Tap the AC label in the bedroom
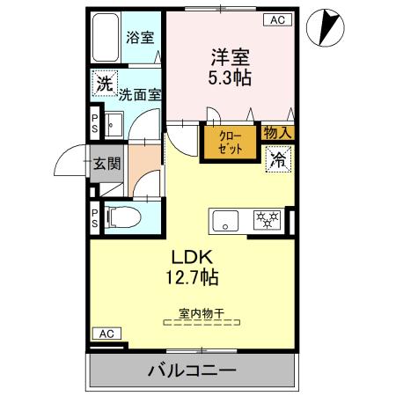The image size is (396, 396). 275,19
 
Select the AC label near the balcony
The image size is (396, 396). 106,334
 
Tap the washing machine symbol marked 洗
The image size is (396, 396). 104,84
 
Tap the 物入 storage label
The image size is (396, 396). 277,132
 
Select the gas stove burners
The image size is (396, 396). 265,221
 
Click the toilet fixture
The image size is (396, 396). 121,216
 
